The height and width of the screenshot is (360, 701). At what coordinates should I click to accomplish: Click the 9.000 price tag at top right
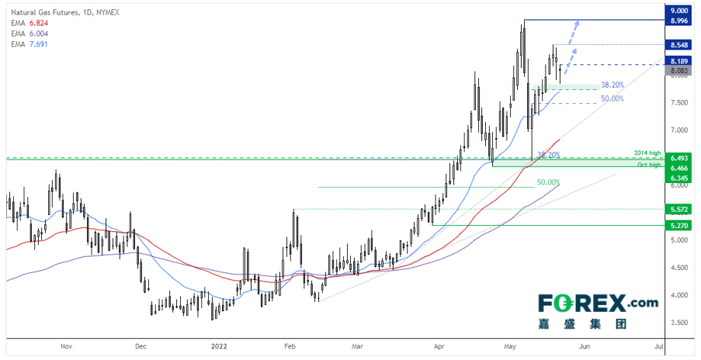click(x=680, y=11)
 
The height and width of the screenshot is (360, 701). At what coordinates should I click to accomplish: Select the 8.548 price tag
click(x=680, y=45)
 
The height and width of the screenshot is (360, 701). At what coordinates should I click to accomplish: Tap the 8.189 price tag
click(x=680, y=61)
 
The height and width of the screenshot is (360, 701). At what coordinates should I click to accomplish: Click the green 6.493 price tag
click(x=680, y=157)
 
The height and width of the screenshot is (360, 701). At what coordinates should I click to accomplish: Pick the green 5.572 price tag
click(x=680, y=209)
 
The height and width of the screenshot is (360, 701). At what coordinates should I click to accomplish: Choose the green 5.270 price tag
click(x=680, y=226)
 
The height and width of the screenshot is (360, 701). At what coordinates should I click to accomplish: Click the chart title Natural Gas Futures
click(x=43, y=12)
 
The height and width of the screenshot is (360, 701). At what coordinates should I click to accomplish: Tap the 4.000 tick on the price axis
click(x=679, y=295)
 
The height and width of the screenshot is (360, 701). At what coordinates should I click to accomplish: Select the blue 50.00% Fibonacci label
click(x=612, y=99)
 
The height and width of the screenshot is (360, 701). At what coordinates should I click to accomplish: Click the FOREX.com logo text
click(x=591, y=303)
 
